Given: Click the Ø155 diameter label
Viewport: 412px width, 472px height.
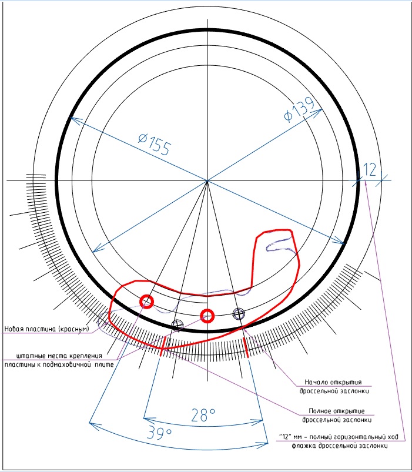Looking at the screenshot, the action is [x=155, y=145].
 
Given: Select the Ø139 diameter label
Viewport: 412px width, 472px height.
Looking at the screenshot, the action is [x=300, y=109].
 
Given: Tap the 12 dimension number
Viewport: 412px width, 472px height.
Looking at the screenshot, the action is [x=370, y=170].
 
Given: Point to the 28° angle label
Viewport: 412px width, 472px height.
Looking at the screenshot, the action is [x=203, y=415].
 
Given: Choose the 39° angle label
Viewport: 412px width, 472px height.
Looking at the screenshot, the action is [x=159, y=433].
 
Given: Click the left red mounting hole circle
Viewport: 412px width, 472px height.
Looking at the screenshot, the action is [x=147, y=302].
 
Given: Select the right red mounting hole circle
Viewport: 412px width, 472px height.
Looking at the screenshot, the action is [x=207, y=316].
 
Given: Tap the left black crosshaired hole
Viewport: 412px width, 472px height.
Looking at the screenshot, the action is [x=177, y=326].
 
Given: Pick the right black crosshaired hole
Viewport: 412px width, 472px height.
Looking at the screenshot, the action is [x=239, y=314].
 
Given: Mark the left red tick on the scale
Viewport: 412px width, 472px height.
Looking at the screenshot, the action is [x=163, y=346].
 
